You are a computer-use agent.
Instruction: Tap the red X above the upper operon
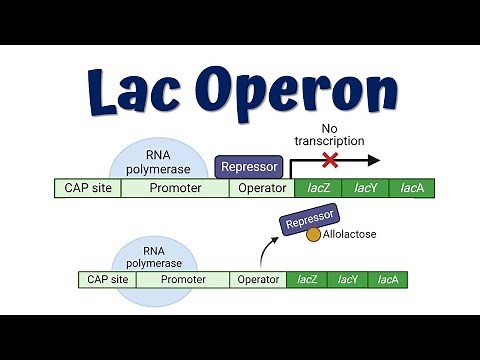tap(329, 160)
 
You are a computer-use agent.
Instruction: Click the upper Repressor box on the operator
tap(248, 167)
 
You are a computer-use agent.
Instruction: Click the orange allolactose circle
tap(314, 235)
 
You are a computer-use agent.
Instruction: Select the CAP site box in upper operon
tap(88, 187)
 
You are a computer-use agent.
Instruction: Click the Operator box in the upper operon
tap(261, 187)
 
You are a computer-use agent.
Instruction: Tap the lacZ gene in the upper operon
tap(317, 187)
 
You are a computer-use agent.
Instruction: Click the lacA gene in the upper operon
tap(412, 187)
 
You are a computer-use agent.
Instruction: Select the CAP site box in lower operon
tap(107, 280)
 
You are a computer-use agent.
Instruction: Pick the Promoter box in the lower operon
tap(183, 280)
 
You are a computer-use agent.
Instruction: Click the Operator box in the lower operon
tap(258, 280)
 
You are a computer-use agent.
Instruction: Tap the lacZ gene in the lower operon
tap(306, 280)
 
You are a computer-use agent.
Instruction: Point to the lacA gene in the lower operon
tap(387, 280)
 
